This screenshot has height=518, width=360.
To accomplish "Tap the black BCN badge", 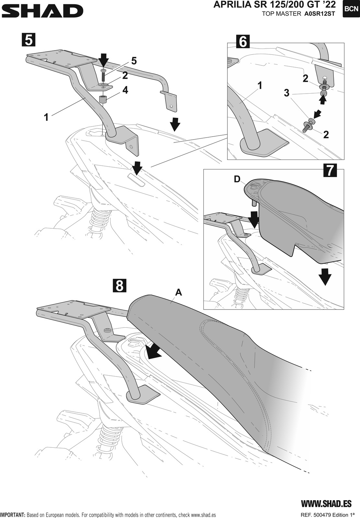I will (351, 9).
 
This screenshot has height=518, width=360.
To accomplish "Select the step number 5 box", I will (29, 40).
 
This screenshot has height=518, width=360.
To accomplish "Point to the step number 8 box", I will (119, 286).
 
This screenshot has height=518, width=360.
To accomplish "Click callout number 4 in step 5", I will (125, 90).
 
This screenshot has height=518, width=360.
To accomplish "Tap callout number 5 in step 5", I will (134, 61).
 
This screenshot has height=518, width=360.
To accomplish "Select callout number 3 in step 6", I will (286, 93).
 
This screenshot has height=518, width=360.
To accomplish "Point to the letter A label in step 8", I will (179, 292).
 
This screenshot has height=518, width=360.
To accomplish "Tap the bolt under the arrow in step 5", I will (103, 75).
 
